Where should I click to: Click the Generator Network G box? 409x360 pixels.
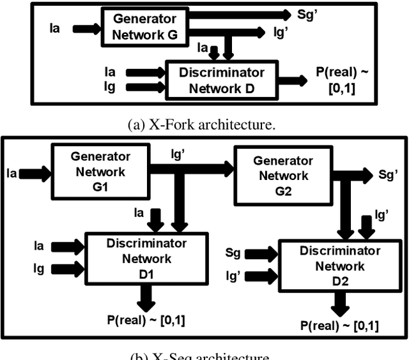pos(144,27)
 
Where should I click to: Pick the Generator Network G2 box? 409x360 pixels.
pos(283,176)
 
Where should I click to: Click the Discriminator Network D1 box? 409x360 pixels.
pos(146,259)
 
